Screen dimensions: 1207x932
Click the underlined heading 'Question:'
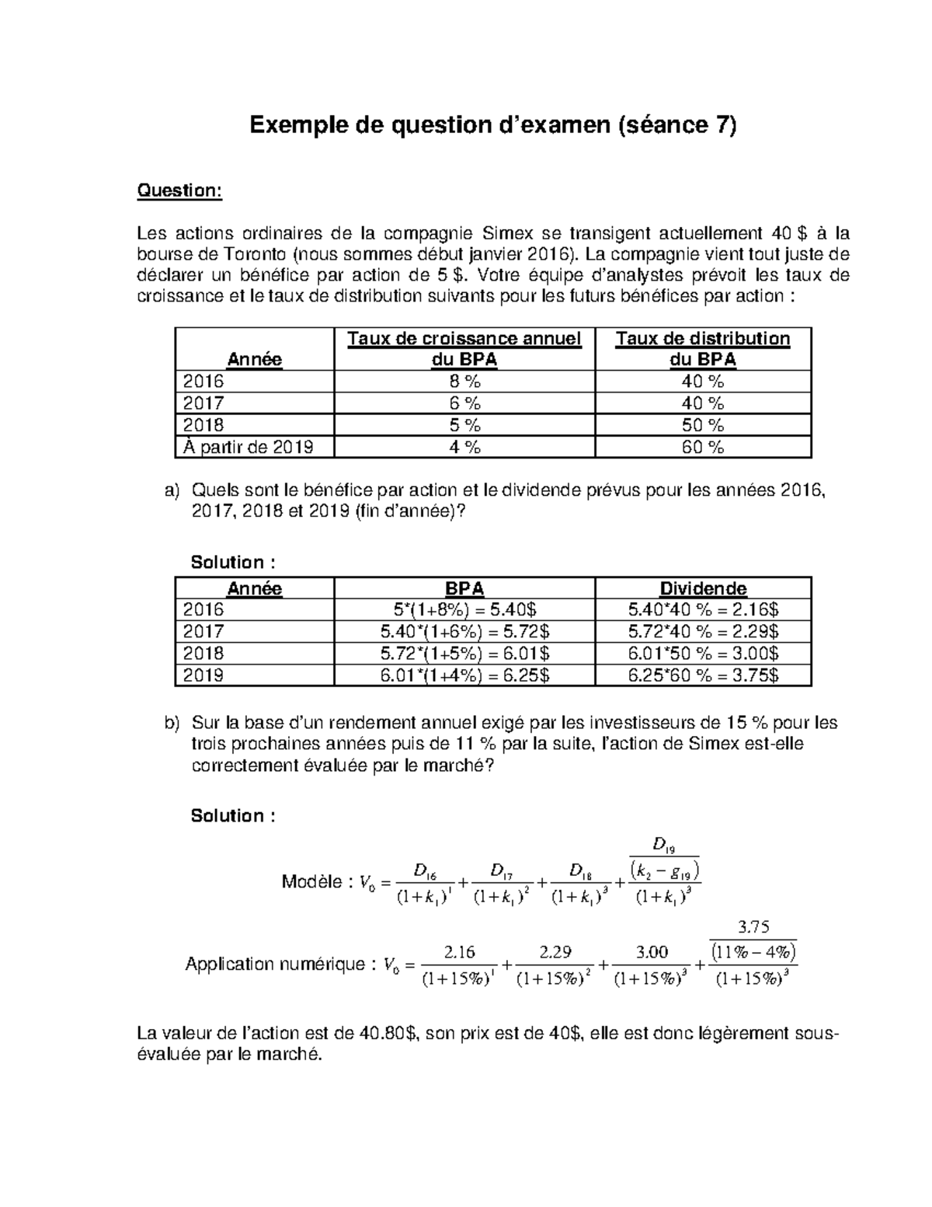(179, 191)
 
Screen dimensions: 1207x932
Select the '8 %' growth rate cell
(464, 382)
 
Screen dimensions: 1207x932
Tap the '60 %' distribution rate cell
(702, 447)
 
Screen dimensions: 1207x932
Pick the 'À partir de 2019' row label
(248, 447)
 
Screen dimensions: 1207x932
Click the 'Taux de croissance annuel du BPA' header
(464, 349)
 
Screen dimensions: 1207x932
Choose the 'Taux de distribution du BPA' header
(702, 349)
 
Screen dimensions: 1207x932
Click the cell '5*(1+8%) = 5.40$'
(464, 609)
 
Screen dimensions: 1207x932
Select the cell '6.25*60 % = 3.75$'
(702, 675)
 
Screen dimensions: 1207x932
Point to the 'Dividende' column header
(702, 588)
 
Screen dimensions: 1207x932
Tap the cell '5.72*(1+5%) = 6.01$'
(464, 654)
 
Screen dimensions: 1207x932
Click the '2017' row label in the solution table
(203, 631)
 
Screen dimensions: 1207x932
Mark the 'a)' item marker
(172, 490)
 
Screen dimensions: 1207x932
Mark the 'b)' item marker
(172, 723)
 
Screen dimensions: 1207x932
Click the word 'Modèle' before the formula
(311, 882)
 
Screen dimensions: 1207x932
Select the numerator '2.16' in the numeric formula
(459, 952)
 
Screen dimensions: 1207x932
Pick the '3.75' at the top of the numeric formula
(753, 926)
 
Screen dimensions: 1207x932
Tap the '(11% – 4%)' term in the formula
(754, 951)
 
